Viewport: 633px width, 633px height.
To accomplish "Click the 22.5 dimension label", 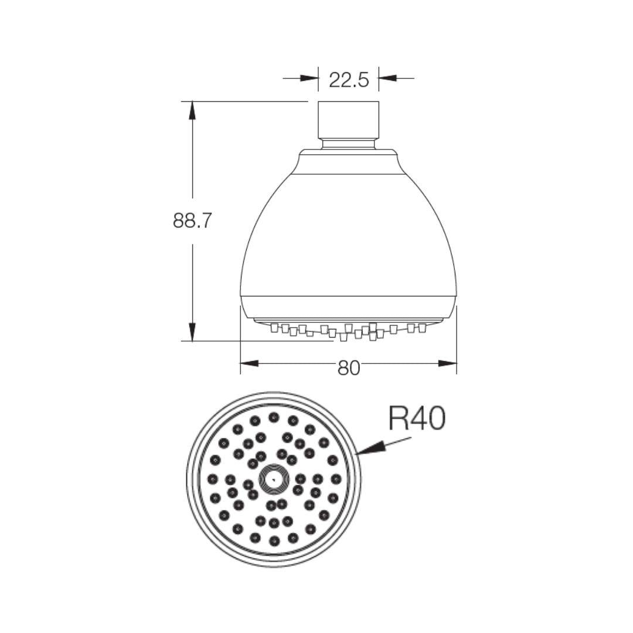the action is tap(349, 80).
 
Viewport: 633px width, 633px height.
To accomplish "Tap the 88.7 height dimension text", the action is tap(192, 221).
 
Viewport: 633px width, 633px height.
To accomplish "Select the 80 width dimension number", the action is tap(349, 367).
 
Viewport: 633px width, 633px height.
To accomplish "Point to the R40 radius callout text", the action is tap(417, 418).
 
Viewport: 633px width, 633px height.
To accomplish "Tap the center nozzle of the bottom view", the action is tap(274, 479).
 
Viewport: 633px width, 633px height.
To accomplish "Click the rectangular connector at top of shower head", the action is tap(349, 120).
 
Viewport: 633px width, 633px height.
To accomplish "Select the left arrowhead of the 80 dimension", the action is tap(250, 363).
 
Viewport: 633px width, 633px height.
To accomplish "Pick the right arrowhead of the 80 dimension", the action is tap(448, 363).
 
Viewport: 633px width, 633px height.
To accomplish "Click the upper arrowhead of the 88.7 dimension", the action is tap(193, 110).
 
